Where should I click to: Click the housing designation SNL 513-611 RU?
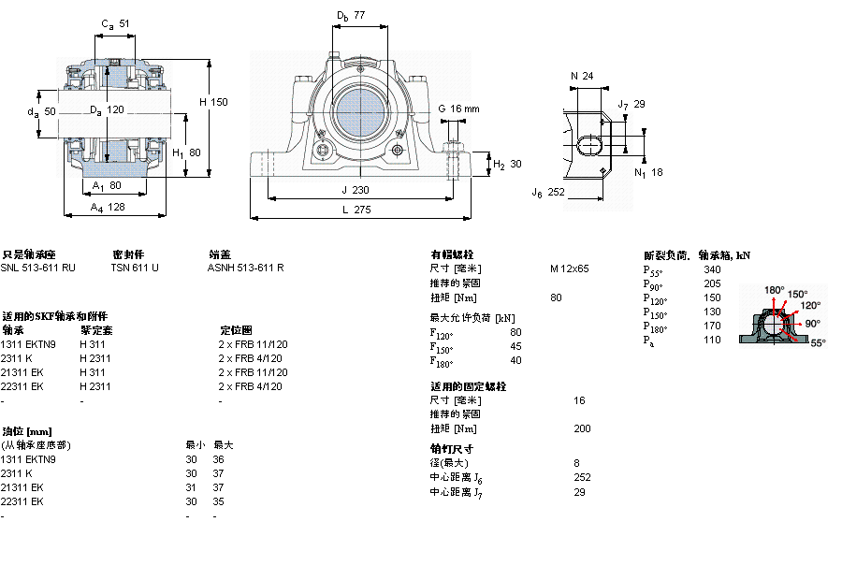click(38, 268)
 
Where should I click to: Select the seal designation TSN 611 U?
click(135, 268)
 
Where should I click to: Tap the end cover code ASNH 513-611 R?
click(246, 268)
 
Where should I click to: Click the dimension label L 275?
click(356, 210)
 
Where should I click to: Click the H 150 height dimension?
click(212, 102)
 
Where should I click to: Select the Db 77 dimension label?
click(351, 16)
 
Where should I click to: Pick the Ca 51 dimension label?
click(115, 23)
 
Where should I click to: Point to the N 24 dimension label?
click(582, 76)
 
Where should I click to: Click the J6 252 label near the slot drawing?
click(548, 192)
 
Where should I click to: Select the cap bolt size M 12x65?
click(569, 268)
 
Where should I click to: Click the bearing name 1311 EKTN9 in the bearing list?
click(28, 344)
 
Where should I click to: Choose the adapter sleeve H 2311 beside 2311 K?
click(95, 358)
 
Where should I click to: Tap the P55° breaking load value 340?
click(712, 269)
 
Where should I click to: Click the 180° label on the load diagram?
click(775, 290)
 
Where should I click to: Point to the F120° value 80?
click(515, 332)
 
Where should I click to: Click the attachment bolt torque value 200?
click(582, 428)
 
